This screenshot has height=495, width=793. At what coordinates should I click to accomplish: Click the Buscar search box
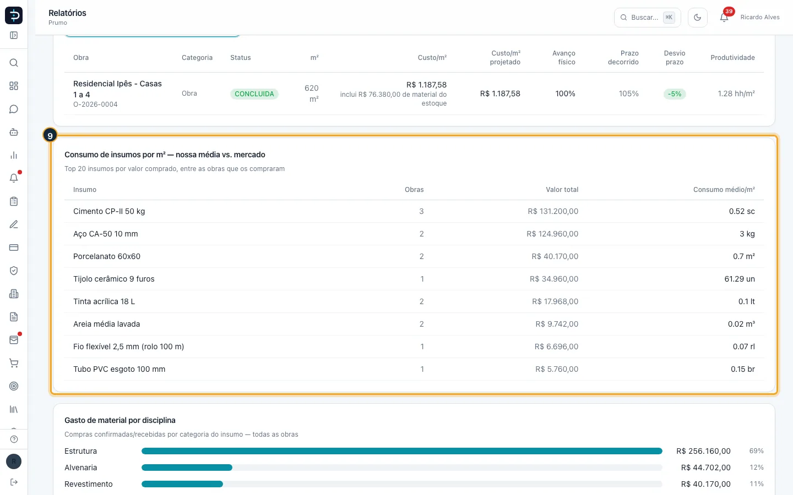pos(647,18)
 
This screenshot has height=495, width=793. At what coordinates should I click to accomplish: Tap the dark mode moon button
pos(697,18)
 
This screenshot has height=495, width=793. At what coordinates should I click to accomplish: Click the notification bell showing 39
pos(724,17)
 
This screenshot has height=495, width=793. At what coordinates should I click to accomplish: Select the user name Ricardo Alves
pos(760,18)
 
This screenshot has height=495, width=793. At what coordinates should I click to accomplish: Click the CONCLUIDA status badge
pos(254,94)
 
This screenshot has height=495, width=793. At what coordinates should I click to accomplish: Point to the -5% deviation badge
pos(675,94)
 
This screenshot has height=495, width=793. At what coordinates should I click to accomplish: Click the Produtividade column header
pos(732,58)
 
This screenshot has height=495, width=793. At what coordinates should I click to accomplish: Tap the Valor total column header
pos(562,190)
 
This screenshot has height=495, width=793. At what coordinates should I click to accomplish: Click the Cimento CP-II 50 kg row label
pos(109,211)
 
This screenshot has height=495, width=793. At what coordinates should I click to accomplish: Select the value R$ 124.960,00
pos(552,234)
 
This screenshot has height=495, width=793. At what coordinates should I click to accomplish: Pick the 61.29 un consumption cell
pos(739,279)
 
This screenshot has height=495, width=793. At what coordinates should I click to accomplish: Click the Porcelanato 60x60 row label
pos(107,256)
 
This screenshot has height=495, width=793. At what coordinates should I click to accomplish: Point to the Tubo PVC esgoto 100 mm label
pos(120,369)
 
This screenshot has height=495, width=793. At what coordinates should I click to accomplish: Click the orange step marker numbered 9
pos(50,135)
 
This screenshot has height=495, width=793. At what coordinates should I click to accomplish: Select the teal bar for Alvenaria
pos(187,468)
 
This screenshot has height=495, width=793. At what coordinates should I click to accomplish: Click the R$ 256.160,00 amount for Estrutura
pos(703,451)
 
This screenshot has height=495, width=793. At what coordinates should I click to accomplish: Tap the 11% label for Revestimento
pos(756,484)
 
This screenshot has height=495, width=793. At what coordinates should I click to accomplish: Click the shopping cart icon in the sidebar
pos(14,363)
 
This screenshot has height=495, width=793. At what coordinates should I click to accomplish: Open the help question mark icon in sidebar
pos(14,439)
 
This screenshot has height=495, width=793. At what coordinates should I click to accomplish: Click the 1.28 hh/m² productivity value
pos(736,94)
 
